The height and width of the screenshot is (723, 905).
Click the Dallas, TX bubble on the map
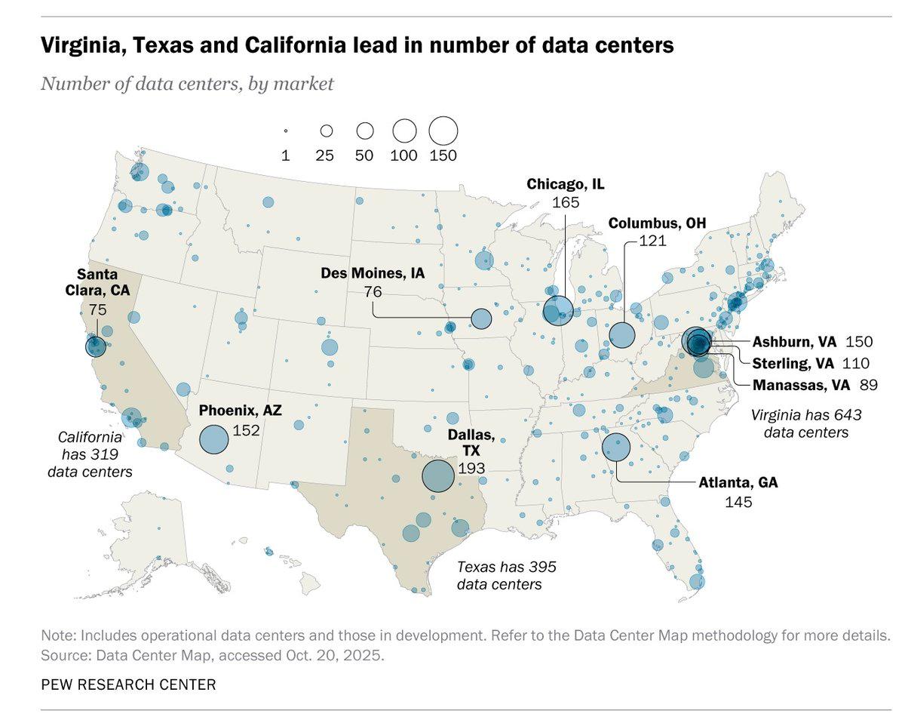point(437,476)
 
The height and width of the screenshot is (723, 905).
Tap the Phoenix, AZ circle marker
point(213,439)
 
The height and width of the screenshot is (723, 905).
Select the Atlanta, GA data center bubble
point(616,448)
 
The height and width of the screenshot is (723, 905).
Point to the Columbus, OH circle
point(621,334)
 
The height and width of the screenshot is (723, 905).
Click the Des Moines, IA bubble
point(481,318)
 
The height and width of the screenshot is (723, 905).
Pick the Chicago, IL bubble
point(558,310)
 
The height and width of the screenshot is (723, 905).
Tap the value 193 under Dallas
point(471,468)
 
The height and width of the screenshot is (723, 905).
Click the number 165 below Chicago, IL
point(566,202)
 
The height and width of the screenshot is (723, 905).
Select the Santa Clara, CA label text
point(97,282)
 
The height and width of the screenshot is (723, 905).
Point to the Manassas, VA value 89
point(868,385)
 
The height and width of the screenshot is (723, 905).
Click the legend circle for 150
point(443,131)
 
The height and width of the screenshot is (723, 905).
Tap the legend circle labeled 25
point(327,131)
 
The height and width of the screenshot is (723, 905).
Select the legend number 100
point(404,155)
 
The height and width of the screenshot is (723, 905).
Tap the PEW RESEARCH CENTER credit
point(128,685)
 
